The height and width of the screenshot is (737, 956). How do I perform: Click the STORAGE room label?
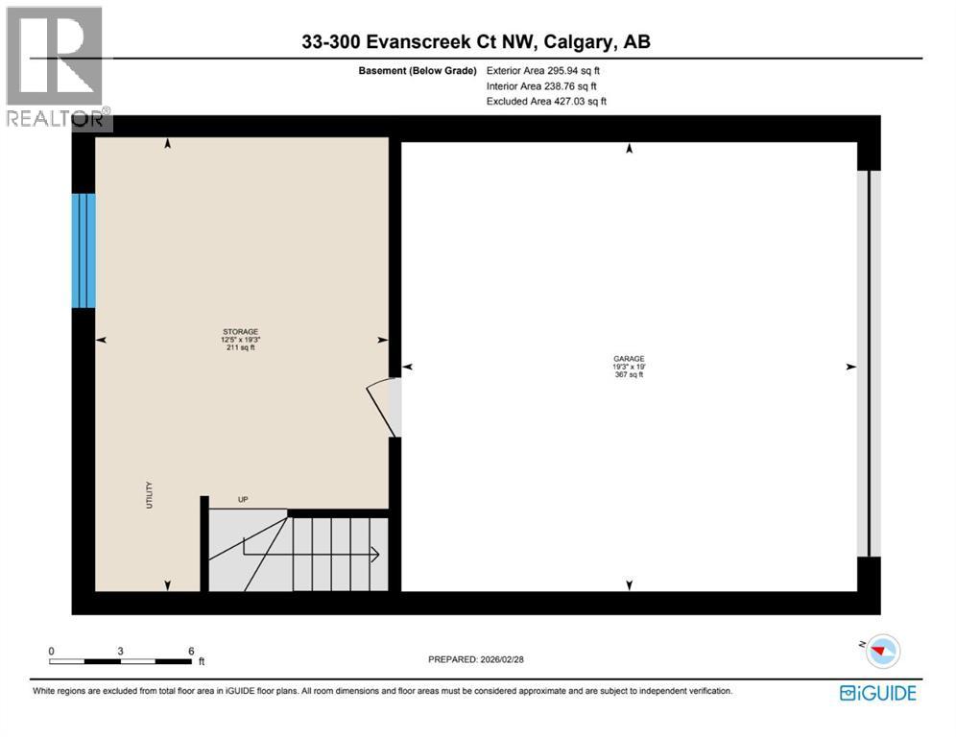click(240, 332)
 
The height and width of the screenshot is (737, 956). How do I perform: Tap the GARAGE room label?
click(629, 358)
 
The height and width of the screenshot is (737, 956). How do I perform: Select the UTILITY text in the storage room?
click(149, 495)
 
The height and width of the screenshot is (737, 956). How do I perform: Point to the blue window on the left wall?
click(84, 250)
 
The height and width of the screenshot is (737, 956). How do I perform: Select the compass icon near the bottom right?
click(882, 653)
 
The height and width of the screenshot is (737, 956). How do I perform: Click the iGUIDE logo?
click(877, 692)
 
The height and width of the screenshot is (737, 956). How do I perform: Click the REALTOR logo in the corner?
click(57, 67)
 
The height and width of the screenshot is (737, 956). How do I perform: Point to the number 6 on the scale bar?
click(191, 650)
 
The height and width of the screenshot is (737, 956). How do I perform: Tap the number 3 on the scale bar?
click(120, 650)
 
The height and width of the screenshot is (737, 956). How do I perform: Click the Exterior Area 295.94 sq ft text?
click(543, 70)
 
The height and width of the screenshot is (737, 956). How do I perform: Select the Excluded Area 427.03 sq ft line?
click(546, 101)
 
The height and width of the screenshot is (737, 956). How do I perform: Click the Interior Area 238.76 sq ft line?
click(541, 85)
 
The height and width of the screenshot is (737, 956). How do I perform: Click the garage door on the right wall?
click(868, 364)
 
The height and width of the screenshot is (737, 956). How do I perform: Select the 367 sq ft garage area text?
click(629, 375)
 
